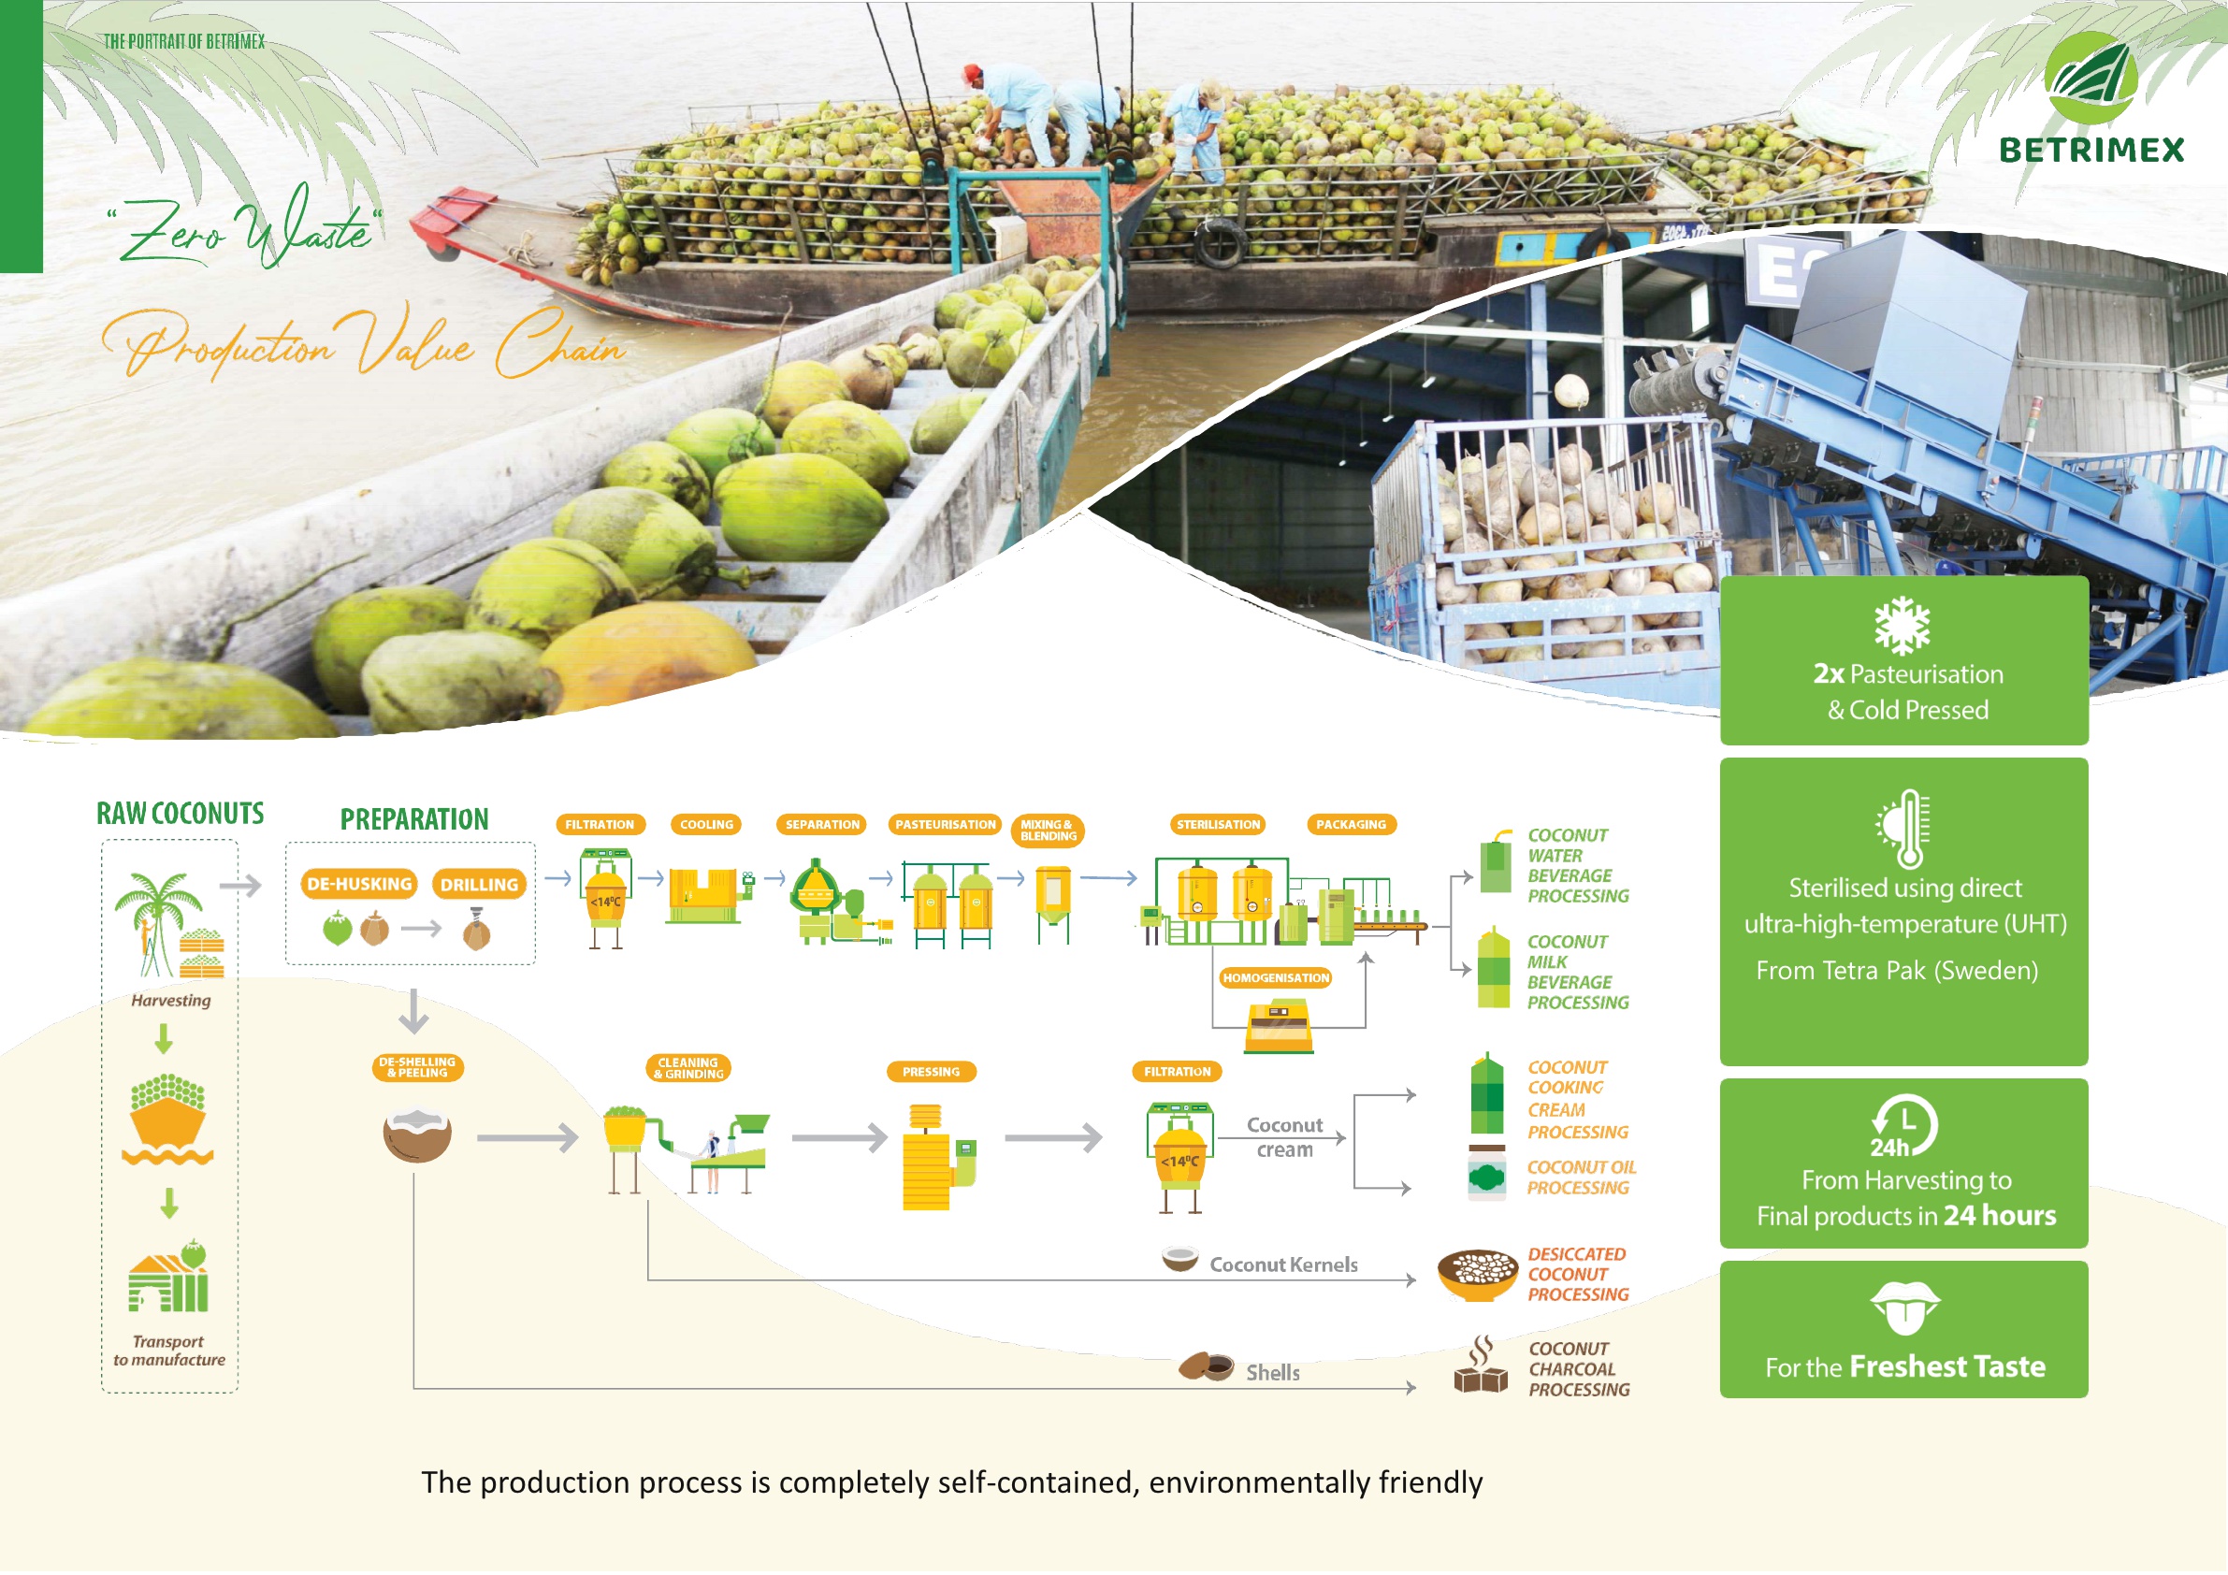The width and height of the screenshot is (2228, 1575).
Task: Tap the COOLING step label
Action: click(x=706, y=825)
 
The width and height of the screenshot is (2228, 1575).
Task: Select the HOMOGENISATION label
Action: click(x=1275, y=978)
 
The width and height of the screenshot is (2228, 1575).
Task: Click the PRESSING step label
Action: click(x=931, y=1073)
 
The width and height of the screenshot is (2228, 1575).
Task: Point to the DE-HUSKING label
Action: click(x=359, y=884)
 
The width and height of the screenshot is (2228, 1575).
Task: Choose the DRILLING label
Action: click(x=480, y=885)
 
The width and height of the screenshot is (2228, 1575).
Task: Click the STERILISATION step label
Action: click(x=1218, y=825)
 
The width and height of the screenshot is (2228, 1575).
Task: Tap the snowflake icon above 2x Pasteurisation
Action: click(x=1902, y=626)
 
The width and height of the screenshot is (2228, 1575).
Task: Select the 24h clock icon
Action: click(x=1903, y=1127)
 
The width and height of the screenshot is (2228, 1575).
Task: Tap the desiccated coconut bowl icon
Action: click(x=1477, y=1274)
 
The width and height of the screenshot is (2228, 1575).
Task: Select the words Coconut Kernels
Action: click(x=1283, y=1264)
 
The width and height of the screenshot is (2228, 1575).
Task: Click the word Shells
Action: click(x=1272, y=1372)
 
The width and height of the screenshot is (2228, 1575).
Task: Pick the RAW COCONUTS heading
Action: click(x=180, y=813)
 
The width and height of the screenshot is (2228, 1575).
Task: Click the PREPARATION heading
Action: click(x=414, y=819)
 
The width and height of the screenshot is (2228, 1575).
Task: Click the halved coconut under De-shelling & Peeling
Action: click(x=417, y=1135)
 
